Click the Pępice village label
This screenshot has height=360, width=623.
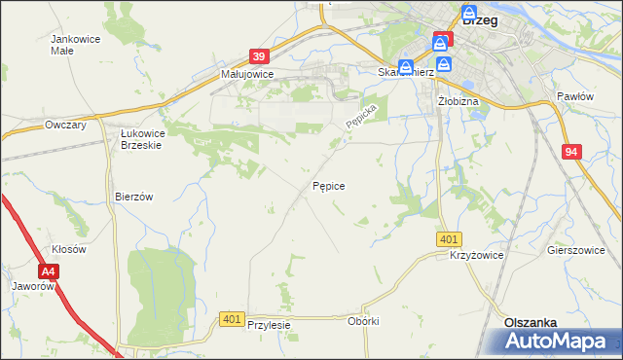pos(328,184)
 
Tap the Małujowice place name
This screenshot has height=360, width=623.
pos(247,74)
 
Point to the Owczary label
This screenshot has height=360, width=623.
pos(66,125)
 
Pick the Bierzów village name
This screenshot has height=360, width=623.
pos(134,196)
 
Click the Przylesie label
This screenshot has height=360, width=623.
pos(270,325)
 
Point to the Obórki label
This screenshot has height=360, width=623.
pos(362,321)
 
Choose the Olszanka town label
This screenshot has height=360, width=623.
pos(530,322)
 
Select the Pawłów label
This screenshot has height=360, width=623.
pos(575,96)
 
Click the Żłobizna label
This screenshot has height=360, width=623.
pos(456,100)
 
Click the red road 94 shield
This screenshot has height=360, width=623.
pos(570,152)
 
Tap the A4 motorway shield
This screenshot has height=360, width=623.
pos(50,273)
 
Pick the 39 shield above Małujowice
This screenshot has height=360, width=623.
pos(258,58)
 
